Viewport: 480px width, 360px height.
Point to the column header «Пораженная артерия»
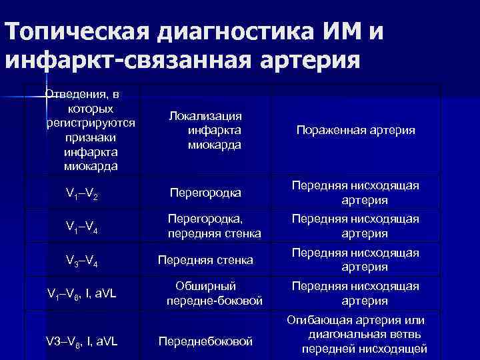pos(356,131)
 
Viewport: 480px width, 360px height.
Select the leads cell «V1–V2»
pos(82,193)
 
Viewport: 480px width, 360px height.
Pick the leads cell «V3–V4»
pos(82,259)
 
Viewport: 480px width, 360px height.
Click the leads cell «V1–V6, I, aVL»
pos(82,293)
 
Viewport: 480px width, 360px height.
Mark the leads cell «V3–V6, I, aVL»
pos(82,341)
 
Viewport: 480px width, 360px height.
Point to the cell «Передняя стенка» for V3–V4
pos(205,259)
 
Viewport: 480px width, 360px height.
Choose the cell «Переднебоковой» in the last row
pos(205,341)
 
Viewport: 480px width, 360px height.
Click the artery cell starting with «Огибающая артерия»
pos(356,335)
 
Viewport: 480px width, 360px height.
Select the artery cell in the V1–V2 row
pos(356,193)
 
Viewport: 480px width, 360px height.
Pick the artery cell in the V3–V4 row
pos(356,259)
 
